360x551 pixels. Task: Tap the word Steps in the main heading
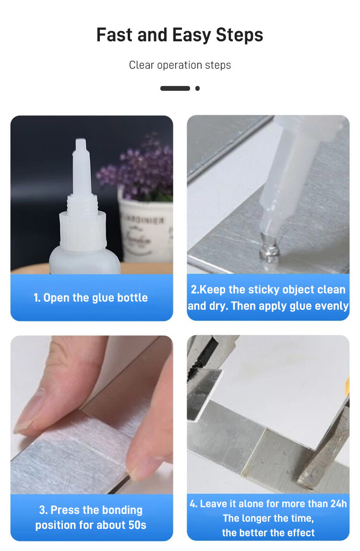[239, 36]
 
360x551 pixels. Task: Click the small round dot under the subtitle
[197, 88]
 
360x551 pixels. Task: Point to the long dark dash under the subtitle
[175, 88]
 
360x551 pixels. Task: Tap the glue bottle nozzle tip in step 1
[81, 141]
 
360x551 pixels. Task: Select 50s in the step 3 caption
[137, 525]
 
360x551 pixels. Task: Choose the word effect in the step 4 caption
[300, 533]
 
